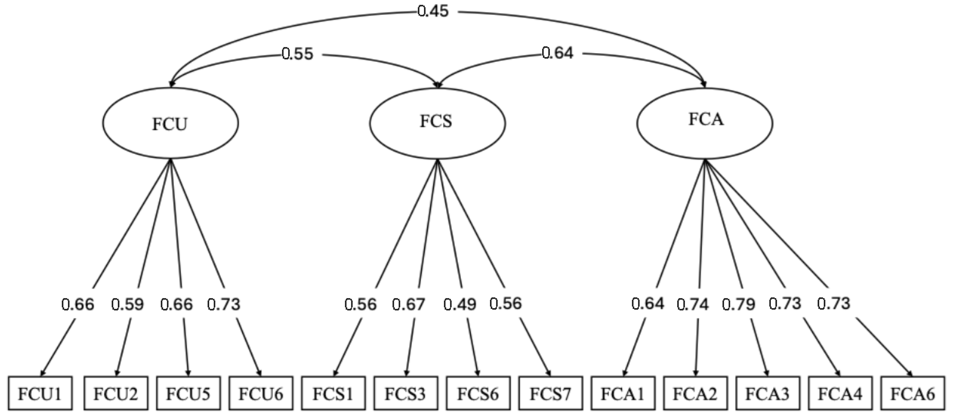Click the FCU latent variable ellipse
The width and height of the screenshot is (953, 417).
click(170, 123)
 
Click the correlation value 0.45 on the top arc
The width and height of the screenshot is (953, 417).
click(433, 11)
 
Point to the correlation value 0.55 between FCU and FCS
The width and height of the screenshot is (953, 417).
click(297, 54)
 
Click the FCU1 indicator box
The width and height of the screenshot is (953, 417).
click(40, 394)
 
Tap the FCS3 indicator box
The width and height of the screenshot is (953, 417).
click(405, 394)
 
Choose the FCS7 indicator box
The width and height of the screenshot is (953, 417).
click(550, 394)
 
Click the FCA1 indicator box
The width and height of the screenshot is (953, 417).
click(623, 394)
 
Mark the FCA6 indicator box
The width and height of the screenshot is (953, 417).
click(912, 394)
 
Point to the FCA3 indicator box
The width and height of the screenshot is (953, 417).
click(767, 394)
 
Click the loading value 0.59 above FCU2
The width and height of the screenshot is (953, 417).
click(127, 304)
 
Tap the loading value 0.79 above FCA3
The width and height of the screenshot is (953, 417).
click(738, 304)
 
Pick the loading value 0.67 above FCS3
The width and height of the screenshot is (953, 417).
click(408, 304)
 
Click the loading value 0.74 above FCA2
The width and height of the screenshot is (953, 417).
click(693, 304)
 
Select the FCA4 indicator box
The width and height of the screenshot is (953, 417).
click(840, 394)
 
